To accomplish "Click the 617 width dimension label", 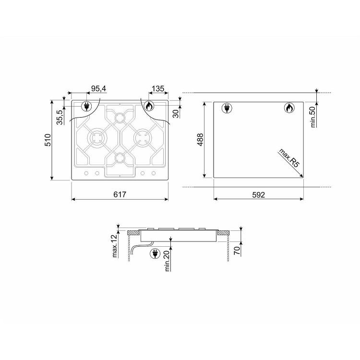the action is pos(120,194).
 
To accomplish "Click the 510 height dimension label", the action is pos(48,140).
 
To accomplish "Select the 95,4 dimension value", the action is pos(99,88).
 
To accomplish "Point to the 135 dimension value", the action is pos(158,88).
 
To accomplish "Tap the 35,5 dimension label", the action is pos(60,117).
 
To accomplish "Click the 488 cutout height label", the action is pos(200,140).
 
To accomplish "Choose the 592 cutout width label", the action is pos(259,195).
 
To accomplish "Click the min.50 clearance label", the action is pos(313,117).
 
